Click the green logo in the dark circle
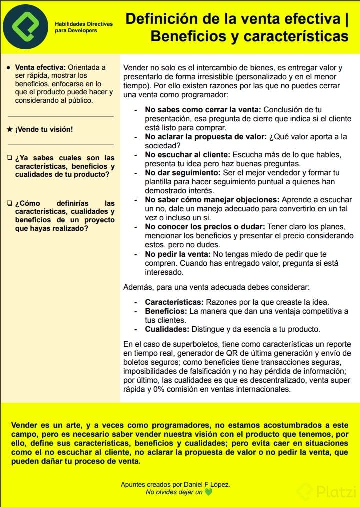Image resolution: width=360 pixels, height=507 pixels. click(x=25, y=26)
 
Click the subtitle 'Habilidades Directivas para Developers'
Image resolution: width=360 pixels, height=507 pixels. click(x=84, y=27)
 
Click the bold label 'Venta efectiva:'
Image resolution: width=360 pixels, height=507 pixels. click(x=40, y=67)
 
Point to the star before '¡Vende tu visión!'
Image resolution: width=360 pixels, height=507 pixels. click(x=10, y=129)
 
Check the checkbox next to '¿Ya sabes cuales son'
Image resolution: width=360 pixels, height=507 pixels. click(x=10, y=158)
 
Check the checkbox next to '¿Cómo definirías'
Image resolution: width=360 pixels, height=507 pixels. click(x=10, y=203)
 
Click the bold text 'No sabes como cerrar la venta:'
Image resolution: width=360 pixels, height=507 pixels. click(x=203, y=110)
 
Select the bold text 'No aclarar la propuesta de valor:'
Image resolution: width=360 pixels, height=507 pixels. click(x=206, y=137)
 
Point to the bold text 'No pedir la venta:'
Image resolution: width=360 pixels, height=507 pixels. click(x=177, y=254)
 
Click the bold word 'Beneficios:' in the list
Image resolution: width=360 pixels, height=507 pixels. click(x=166, y=311)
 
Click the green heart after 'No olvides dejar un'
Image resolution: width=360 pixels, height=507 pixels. click(x=208, y=492)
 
